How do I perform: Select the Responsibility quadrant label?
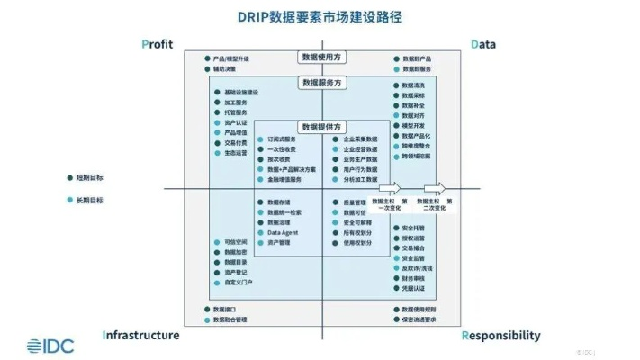501,336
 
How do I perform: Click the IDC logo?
50,344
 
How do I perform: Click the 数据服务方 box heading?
324,83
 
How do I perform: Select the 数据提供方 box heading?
324,126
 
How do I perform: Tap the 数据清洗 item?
413,85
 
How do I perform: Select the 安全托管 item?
413,229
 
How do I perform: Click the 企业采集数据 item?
360,140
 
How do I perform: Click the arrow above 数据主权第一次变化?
388,190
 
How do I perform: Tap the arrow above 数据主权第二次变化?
436,190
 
